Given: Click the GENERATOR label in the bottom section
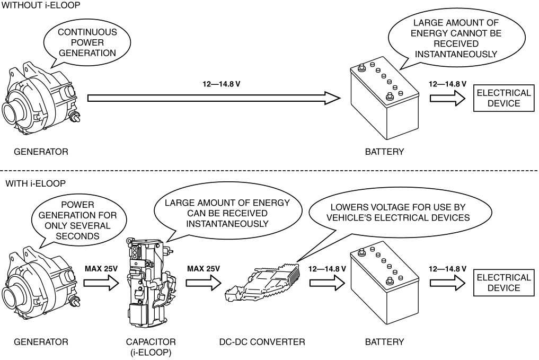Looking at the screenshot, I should [x=41, y=342].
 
